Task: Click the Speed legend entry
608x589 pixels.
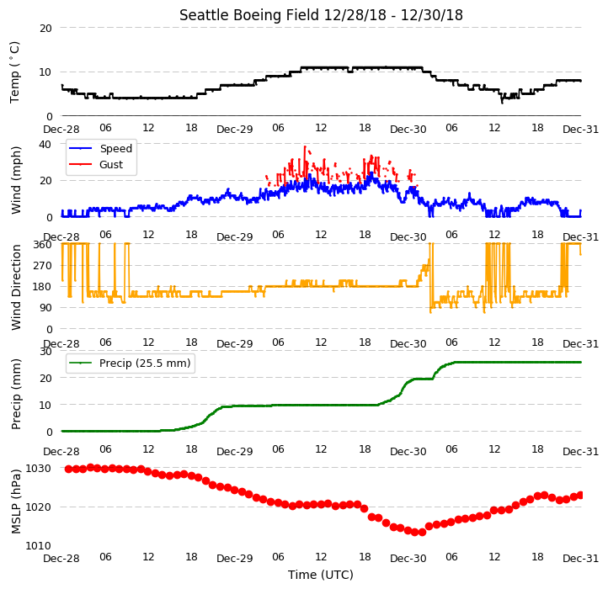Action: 100,148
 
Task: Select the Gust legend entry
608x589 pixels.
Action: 96,165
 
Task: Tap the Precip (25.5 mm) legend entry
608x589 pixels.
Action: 130,363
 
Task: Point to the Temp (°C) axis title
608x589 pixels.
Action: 14,72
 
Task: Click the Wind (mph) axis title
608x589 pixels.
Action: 15,180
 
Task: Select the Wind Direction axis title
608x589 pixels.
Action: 15,287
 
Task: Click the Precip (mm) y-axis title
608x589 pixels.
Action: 15,394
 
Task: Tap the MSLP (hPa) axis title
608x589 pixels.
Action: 15,501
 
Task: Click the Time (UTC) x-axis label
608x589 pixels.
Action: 321,575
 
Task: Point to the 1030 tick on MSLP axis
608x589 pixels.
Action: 39,469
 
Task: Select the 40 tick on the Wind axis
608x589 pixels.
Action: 45,145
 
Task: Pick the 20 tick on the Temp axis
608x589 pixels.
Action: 45,29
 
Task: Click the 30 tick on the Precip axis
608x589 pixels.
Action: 45,352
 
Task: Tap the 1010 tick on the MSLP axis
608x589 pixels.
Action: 39,546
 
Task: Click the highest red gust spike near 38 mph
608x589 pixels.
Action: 305,147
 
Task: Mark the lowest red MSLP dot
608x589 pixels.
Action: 422,533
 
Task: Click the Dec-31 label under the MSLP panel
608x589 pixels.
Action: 580,559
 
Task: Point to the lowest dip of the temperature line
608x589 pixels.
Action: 502,102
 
